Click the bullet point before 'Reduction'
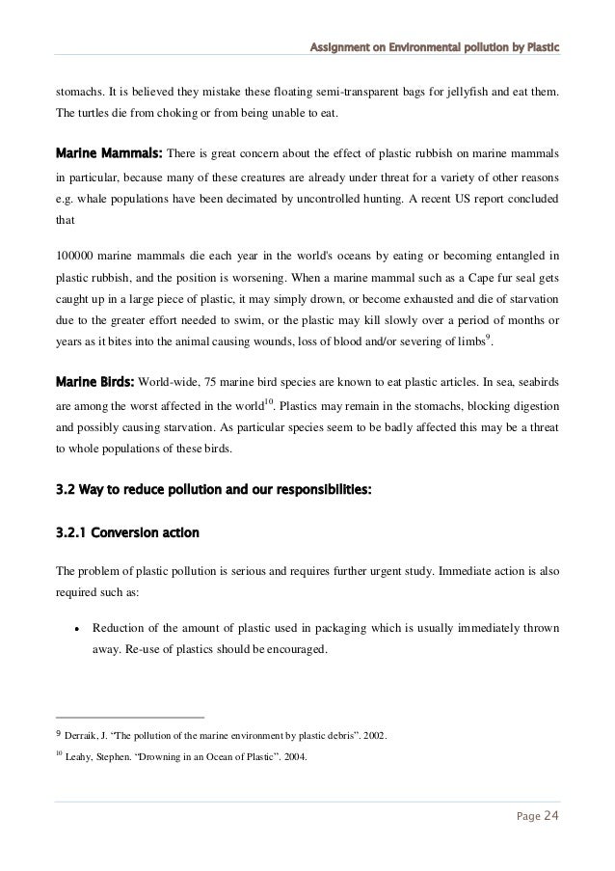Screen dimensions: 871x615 coord(75,630)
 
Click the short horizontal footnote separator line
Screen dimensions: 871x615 coord(130,718)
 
